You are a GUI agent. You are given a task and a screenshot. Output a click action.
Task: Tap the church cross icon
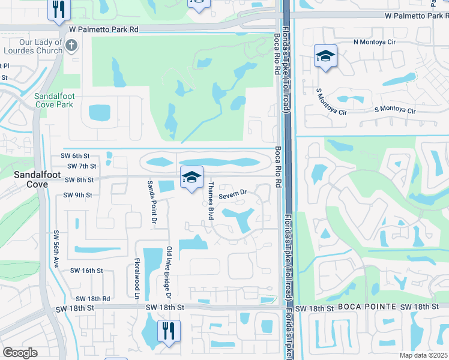tap(71, 45)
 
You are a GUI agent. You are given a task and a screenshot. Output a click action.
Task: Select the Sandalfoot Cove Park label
tap(53, 100)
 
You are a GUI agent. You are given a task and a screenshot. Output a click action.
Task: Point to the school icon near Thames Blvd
tap(191, 177)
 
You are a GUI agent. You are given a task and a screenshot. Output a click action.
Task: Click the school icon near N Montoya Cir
tap(325, 56)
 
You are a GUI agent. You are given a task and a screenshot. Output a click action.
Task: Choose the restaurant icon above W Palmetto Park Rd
tap(59, 8)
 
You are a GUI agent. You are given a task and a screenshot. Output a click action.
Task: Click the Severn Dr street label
tap(233, 194)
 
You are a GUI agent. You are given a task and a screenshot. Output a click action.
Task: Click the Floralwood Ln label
tap(137, 279)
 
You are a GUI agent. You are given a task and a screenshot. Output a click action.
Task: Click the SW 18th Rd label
tap(93, 298)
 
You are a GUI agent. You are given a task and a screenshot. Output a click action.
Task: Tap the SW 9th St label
tap(77, 195)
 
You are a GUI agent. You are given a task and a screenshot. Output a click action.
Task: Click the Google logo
tap(20, 352)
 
